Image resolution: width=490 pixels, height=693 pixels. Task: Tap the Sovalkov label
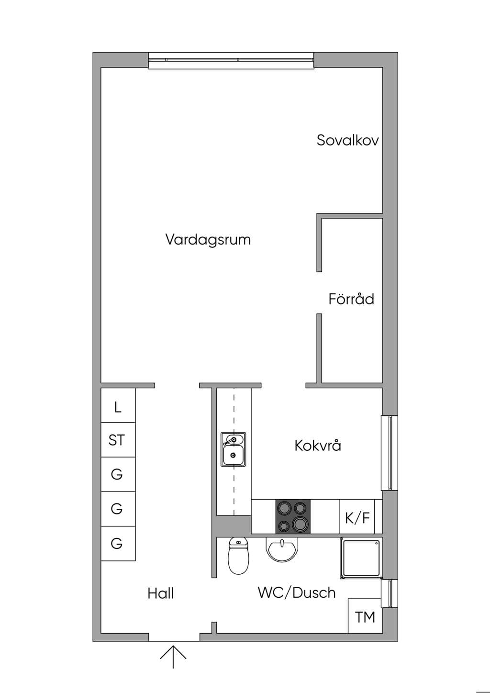coord(348,140)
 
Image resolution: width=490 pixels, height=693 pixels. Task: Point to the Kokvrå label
coord(318,445)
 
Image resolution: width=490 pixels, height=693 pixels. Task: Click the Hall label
coord(161,593)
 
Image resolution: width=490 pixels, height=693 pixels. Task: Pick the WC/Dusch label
coord(297,593)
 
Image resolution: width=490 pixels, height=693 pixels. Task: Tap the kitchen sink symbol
coord(234,449)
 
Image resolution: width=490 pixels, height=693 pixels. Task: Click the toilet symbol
coord(237,555)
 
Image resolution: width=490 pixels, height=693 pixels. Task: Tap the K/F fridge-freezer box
coord(357,516)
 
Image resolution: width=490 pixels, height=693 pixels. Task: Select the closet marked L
coord(118,405)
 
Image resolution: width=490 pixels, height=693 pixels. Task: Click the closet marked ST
coord(118,440)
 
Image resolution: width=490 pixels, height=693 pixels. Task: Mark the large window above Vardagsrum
coord(231,61)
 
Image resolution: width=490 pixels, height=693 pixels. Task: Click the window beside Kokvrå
coord(390,453)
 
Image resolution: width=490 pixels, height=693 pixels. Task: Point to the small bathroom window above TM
coord(390,593)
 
